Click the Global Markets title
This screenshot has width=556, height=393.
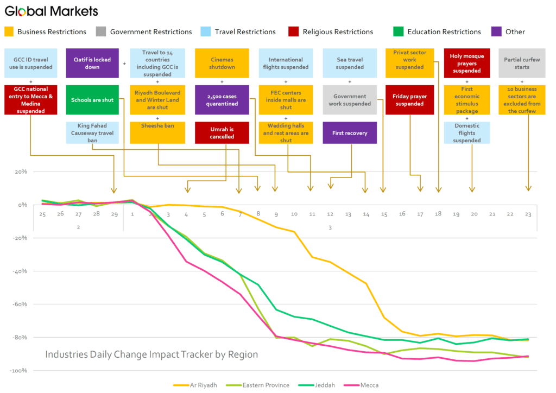point(52,11)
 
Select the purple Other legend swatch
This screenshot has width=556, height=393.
point(496,31)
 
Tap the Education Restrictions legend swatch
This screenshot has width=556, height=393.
point(399,31)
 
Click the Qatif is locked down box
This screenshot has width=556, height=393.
point(92,63)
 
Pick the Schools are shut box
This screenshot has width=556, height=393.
point(92,100)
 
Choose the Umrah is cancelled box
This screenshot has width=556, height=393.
point(222,133)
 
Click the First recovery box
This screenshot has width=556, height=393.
point(350,133)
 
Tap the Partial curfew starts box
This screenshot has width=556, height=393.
point(522,63)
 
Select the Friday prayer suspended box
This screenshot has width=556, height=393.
point(409,100)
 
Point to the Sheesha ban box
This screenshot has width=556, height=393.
point(157,133)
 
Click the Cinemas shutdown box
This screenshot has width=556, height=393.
point(222,63)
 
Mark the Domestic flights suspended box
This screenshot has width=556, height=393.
point(466,133)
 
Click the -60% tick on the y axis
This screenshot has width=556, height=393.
point(20,304)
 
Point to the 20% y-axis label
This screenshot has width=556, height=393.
point(21,172)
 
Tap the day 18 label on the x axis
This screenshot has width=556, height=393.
point(438,214)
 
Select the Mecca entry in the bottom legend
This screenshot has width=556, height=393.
point(361,385)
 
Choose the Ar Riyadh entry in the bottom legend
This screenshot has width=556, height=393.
point(195,385)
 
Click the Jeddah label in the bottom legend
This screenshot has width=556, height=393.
point(325,385)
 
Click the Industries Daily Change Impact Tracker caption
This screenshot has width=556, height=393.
point(151,354)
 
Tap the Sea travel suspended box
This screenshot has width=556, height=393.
point(350,63)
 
